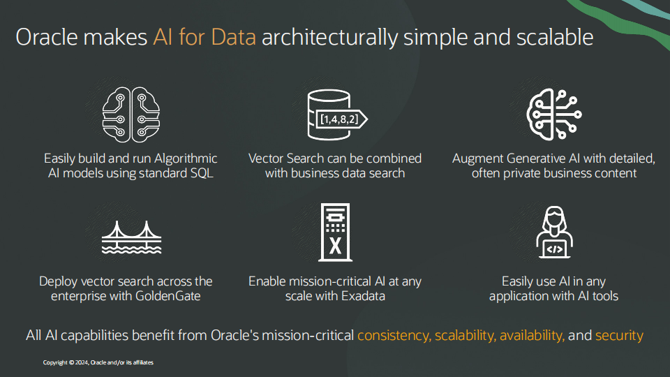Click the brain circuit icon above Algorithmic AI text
point(131,115)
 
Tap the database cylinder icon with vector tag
point(332,115)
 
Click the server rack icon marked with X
point(334,235)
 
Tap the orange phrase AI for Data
point(204,36)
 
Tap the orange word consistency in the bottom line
point(394,335)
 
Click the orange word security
point(619,335)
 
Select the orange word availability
point(530,335)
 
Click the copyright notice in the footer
point(98,362)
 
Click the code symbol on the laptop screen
point(553,247)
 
